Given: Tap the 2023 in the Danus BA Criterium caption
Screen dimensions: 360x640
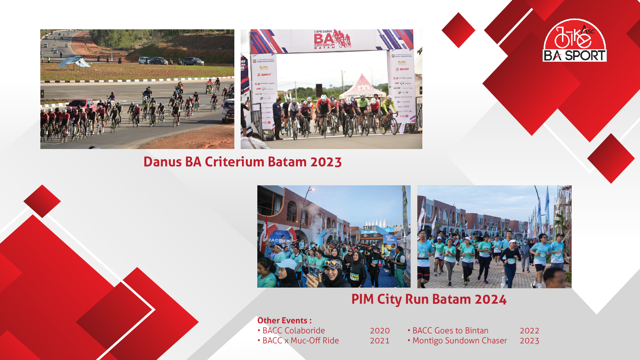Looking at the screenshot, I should [x=326, y=162].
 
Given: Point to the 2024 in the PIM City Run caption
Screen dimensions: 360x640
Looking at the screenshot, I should [x=490, y=299].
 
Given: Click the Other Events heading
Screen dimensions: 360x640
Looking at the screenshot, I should [x=284, y=320].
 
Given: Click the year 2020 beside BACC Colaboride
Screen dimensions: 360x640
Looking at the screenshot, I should [x=380, y=331].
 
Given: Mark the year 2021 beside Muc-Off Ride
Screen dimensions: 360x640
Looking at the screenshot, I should [x=380, y=341].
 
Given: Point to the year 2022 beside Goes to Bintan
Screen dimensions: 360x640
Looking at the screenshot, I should [x=529, y=331].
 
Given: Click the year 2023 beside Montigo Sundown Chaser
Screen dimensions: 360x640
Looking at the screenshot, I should [x=529, y=341].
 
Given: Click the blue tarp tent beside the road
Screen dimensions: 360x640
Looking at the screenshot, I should [x=74, y=62].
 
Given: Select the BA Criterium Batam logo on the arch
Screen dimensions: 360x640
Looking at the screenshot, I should [x=331, y=39].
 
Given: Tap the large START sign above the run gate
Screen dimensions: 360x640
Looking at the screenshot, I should [x=369, y=228].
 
